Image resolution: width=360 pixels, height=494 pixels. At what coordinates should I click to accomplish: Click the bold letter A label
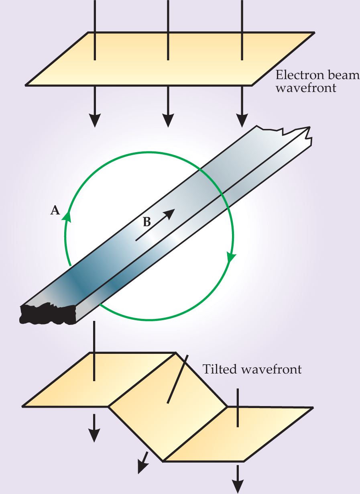(x=55, y=210)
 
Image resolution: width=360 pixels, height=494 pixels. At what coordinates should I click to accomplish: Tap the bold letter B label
(x=147, y=222)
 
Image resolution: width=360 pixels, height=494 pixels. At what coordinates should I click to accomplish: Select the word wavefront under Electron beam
(x=305, y=88)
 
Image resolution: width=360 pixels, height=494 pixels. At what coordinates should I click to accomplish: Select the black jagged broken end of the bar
(x=47, y=314)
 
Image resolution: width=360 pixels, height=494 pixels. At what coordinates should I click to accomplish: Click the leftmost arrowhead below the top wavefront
(x=95, y=120)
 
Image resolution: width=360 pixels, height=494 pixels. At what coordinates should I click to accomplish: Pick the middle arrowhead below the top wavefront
(x=168, y=120)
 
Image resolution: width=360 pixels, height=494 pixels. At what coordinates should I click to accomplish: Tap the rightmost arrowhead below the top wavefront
(x=242, y=120)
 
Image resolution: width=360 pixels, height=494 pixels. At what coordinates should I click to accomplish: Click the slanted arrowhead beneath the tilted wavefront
(x=142, y=466)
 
